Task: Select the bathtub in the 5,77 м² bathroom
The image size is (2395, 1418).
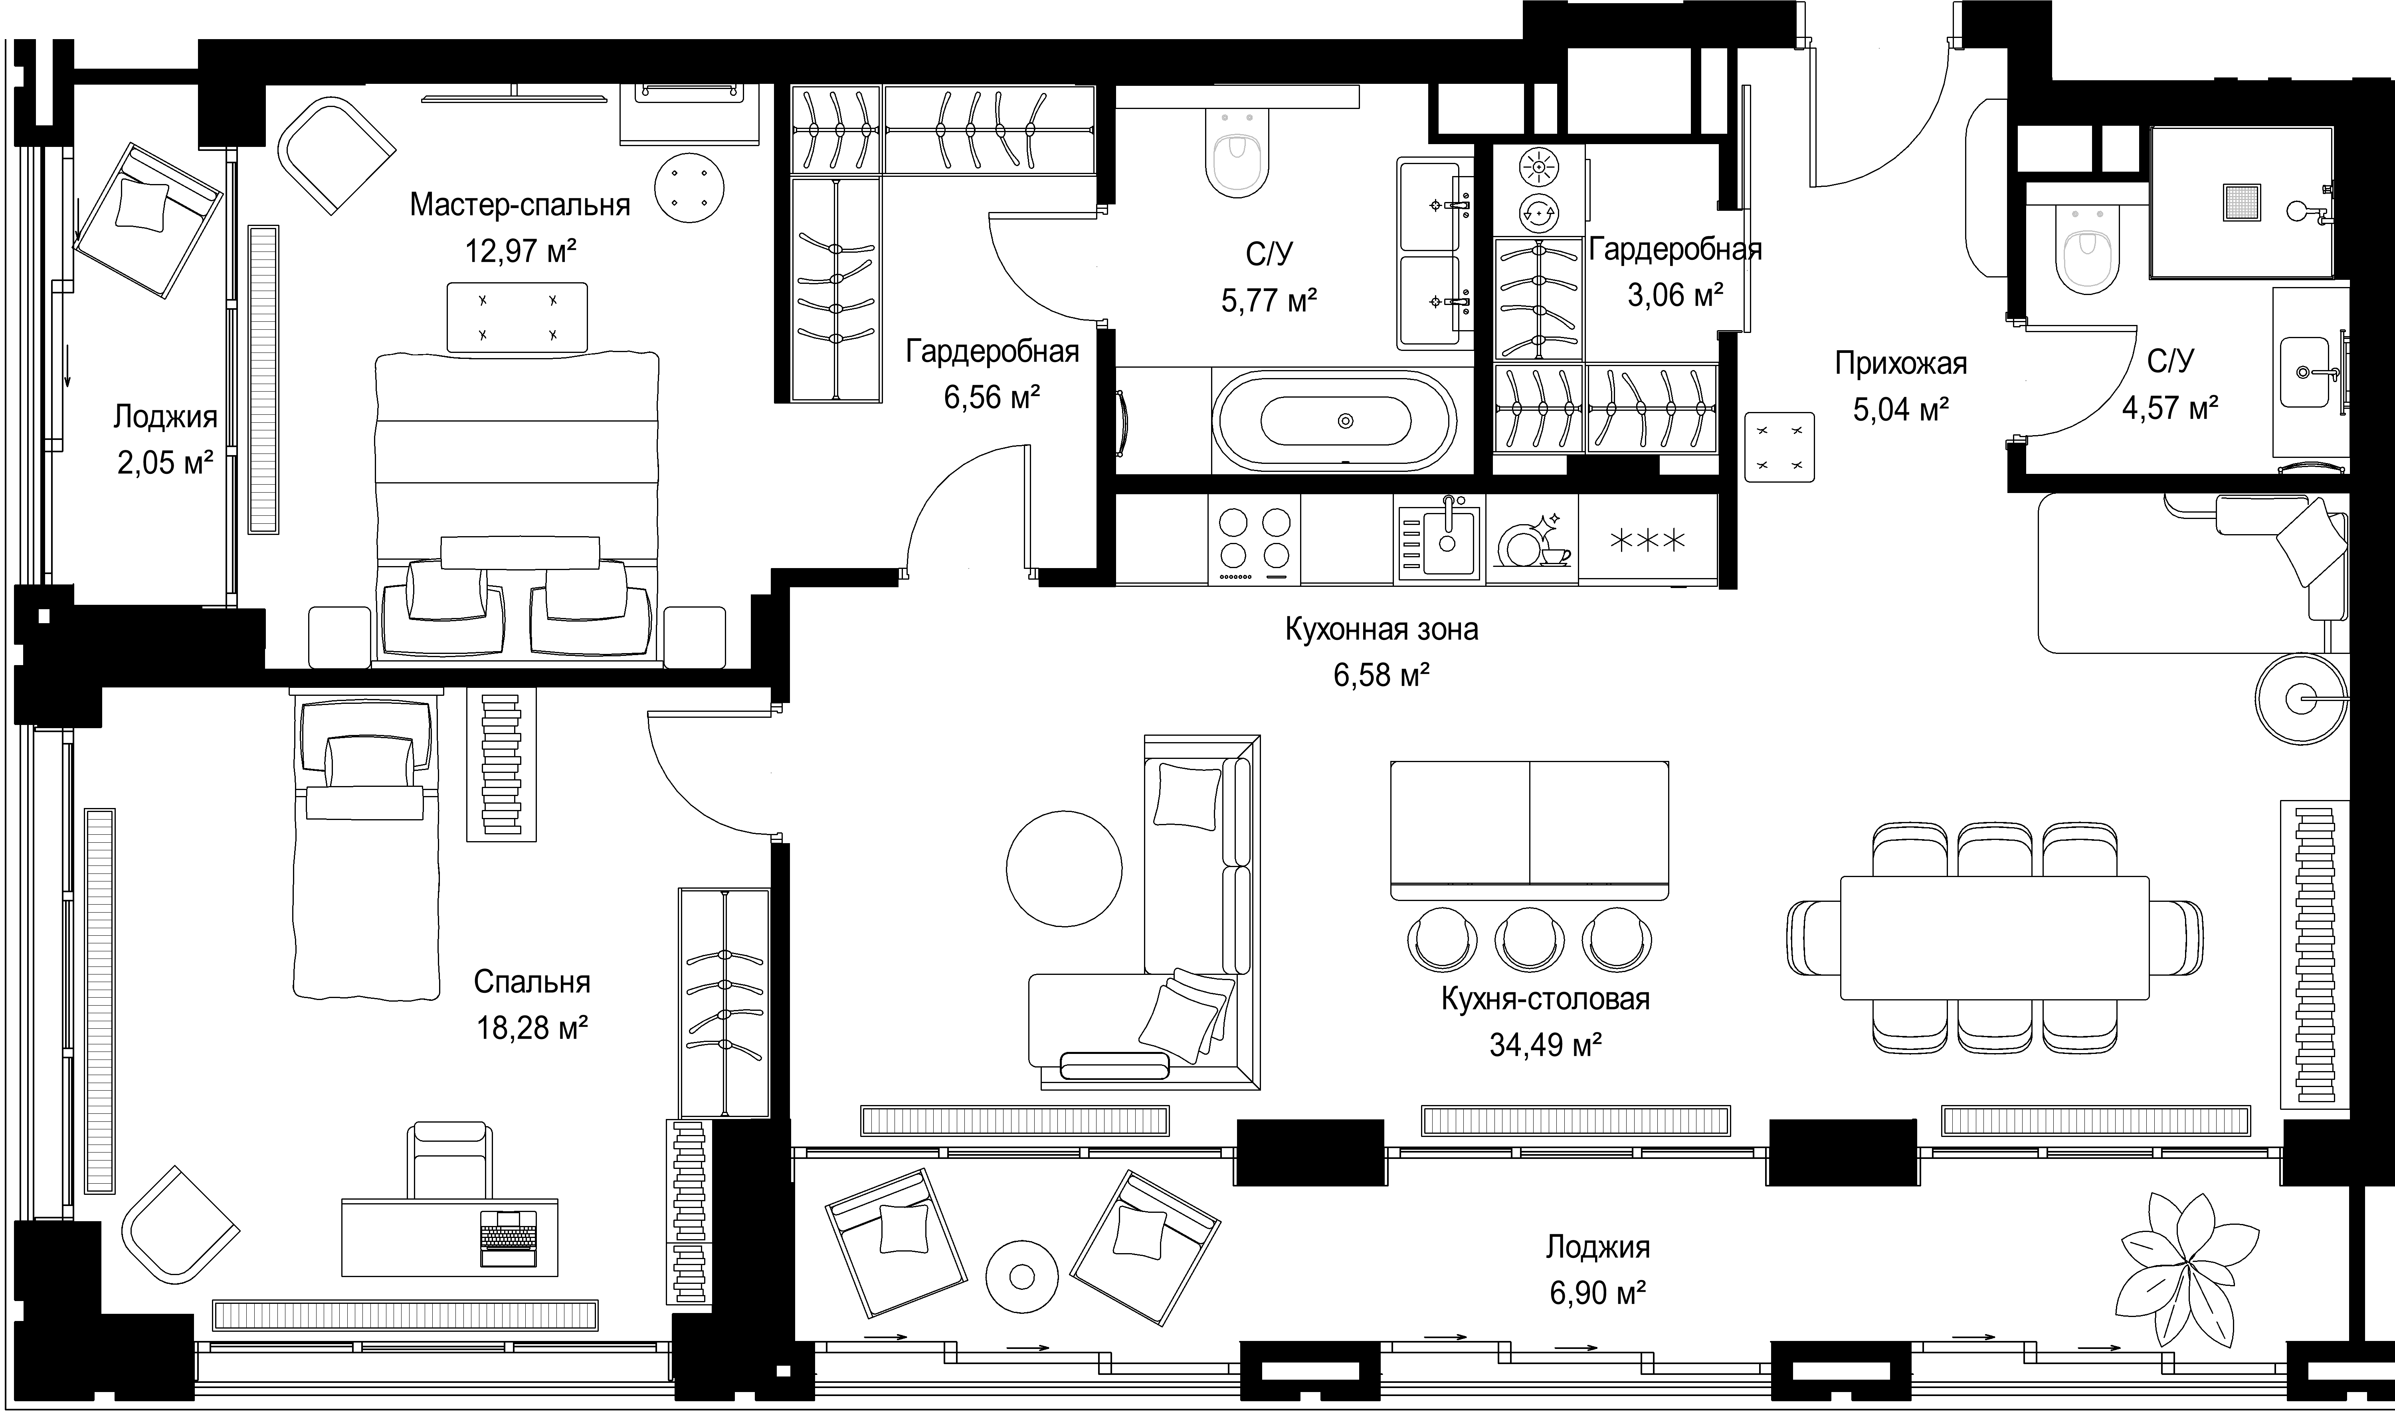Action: [x=1334, y=420]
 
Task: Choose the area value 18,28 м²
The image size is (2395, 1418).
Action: [x=531, y=1028]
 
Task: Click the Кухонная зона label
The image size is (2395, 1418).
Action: [x=1382, y=630]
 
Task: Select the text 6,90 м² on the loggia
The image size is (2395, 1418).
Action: [x=1597, y=1294]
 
